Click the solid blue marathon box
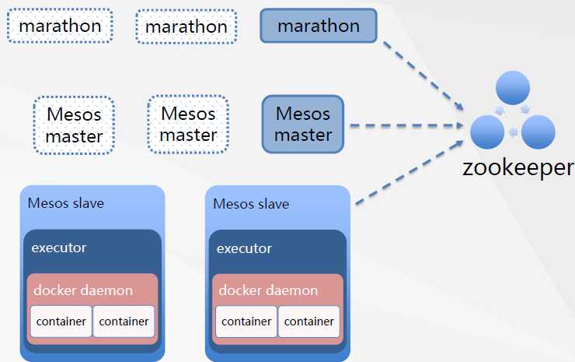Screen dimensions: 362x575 click(x=319, y=26)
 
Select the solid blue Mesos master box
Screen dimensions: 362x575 click(x=303, y=124)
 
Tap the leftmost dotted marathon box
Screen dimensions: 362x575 click(x=60, y=26)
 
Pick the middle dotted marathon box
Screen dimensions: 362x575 click(x=186, y=26)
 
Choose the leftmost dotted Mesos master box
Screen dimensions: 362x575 click(x=74, y=125)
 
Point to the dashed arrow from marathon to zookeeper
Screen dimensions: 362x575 click(x=423, y=73)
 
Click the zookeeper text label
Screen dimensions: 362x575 click(x=518, y=167)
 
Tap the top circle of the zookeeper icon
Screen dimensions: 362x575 click(x=513, y=87)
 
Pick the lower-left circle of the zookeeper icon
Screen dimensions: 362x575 click(x=488, y=132)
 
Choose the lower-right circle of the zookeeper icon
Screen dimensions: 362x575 click(x=538, y=132)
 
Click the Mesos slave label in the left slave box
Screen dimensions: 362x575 click(x=65, y=203)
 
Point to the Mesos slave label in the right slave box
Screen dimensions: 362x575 click(x=250, y=204)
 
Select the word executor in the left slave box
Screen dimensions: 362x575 click(x=59, y=248)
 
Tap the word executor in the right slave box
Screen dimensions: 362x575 click(x=244, y=249)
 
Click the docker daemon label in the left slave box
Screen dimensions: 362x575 click(x=83, y=290)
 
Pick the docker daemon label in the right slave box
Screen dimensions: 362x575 click(x=268, y=290)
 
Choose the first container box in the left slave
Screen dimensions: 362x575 click(x=61, y=322)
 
